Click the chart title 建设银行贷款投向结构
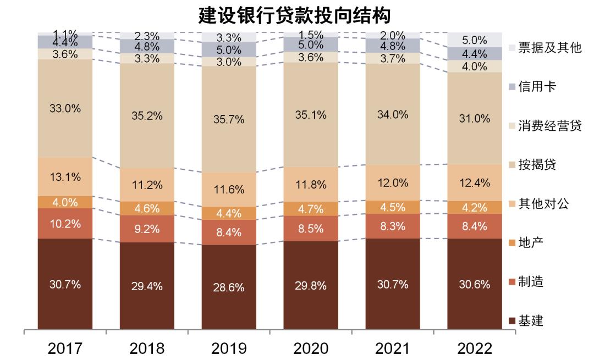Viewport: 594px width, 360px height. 294,15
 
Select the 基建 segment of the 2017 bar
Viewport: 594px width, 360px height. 65,284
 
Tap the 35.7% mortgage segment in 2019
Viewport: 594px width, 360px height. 229,119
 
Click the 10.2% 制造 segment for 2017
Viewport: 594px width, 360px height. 65,223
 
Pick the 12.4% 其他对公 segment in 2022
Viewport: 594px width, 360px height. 474,182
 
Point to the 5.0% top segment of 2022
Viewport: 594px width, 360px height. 474,40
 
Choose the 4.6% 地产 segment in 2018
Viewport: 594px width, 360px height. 147,208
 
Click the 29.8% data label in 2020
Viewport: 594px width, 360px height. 311,285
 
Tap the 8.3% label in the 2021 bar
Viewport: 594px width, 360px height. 393,226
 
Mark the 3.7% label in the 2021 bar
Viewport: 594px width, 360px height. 393,58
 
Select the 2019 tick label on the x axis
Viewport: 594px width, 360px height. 229,348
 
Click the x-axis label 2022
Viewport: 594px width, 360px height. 474,348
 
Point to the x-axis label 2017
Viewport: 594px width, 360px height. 65,348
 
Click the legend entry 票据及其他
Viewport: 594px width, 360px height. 549,48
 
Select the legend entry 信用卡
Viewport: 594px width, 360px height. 537,87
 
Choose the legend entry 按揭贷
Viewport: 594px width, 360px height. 537,165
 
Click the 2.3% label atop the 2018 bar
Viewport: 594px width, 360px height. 147,36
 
